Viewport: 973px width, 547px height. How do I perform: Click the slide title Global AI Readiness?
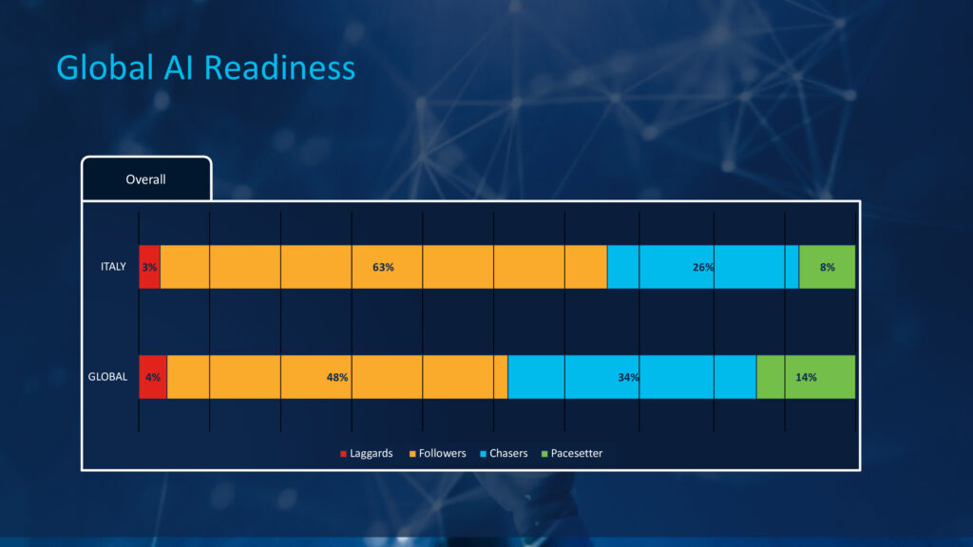tap(205, 67)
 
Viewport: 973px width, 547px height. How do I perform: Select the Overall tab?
tap(146, 179)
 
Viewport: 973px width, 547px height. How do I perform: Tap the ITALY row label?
tap(114, 267)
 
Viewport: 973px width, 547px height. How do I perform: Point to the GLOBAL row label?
tap(107, 377)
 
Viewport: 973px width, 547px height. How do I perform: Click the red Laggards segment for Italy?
tap(149, 267)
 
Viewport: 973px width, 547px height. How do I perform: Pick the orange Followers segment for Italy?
tap(384, 267)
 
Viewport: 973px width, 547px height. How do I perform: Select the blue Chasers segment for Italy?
tap(703, 267)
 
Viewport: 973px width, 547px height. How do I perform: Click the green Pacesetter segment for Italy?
tap(828, 267)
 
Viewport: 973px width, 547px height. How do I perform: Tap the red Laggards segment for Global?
tap(153, 377)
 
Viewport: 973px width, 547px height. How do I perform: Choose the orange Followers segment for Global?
tap(337, 377)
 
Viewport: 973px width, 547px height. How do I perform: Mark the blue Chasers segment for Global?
tap(632, 377)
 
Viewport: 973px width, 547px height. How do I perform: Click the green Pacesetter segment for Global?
tap(806, 377)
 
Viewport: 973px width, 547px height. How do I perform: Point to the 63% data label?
tap(384, 267)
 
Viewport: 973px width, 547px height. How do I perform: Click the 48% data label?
tap(337, 377)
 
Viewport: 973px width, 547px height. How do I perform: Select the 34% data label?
tap(629, 377)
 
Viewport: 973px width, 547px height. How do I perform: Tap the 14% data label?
tap(806, 377)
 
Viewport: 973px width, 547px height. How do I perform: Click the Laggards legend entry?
tap(366, 453)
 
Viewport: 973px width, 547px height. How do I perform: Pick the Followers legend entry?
tap(437, 453)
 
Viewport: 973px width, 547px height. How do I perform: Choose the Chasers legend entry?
tap(504, 453)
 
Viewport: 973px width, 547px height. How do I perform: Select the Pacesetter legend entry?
tap(572, 453)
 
